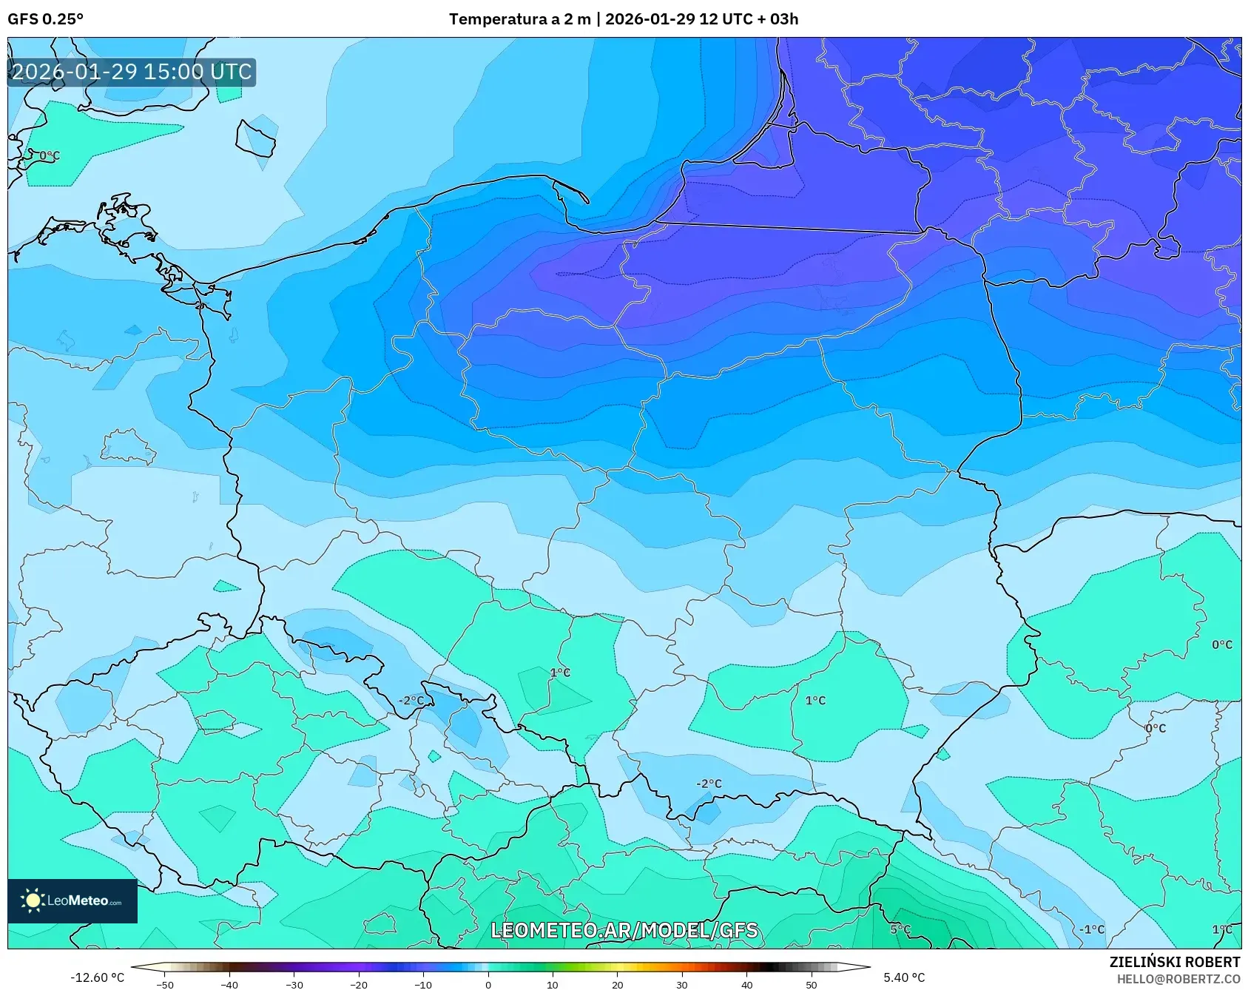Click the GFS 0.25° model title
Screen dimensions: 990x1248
[x=45, y=19]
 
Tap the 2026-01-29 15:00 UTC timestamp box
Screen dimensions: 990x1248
[x=132, y=72]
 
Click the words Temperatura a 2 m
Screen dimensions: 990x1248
[x=519, y=19]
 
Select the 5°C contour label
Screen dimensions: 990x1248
[x=900, y=929]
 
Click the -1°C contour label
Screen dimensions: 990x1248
[x=1091, y=929]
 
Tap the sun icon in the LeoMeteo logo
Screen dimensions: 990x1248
[x=33, y=900]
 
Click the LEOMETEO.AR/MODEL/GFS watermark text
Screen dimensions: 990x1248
[x=624, y=930]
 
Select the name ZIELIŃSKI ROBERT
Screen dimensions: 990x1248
[x=1174, y=962]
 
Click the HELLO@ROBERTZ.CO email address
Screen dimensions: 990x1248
[x=1178, y=979]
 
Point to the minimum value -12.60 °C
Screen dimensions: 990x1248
[x=97, y=977]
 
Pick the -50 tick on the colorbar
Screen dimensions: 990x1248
[x=165, y=985]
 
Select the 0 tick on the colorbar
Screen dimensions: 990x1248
[x=488, y=985]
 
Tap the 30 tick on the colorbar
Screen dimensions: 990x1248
[x=681, y=985]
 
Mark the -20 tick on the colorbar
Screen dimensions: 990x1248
[x=358, y=985]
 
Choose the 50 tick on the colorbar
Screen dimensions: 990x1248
[x=811, y=985]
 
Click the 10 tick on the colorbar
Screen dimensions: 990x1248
[x=552, y=985]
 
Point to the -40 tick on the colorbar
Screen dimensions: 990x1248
[x=229, y=985]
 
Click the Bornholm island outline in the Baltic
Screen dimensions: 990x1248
[x=256, y=138]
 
